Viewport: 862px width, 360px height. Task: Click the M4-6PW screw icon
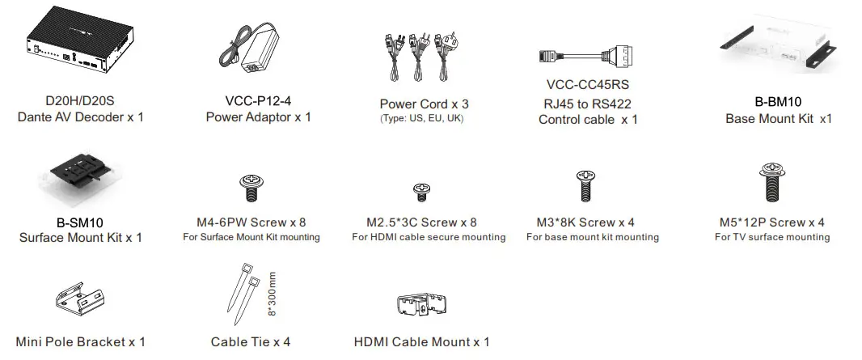251,188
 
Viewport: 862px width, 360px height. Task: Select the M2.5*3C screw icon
421,192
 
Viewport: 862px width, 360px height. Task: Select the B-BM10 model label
778,102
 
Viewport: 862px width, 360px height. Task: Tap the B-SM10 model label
80,222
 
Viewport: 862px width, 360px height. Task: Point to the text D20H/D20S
80,101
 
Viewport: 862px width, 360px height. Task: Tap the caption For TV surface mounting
771,237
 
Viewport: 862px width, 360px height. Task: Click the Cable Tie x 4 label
250,342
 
